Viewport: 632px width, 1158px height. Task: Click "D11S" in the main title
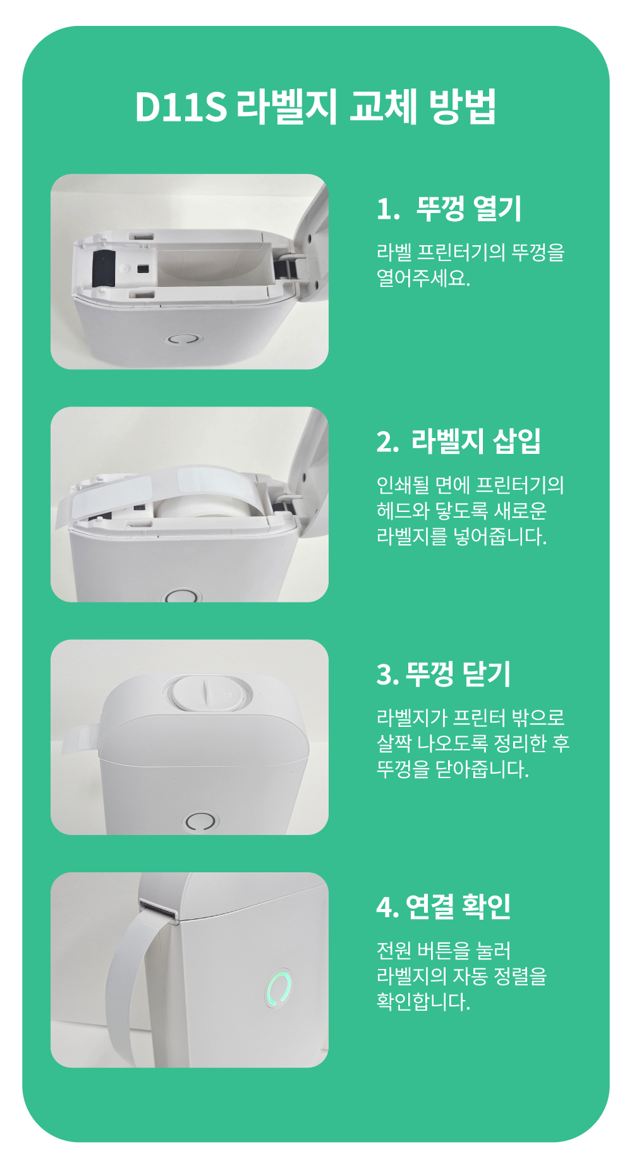[x=181, y=106]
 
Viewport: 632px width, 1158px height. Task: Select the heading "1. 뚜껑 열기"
[x=449, y=209]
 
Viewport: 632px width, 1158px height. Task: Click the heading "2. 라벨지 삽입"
[x=458, y=441]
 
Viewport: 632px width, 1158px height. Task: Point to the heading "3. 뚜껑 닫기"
[x=443, y=674]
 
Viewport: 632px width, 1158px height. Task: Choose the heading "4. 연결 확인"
[x=443, y=906]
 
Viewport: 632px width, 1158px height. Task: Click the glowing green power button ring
[x=279, y=988]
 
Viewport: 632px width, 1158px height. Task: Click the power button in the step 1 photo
[x=183, y=339]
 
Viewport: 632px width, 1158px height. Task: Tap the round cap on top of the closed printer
[x=208, y=693]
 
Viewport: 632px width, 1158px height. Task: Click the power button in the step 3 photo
[x=200, y=821]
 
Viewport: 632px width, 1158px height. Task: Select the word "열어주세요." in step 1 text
[x=423, y=278]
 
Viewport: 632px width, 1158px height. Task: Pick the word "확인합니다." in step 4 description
[x=423, y=1002]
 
